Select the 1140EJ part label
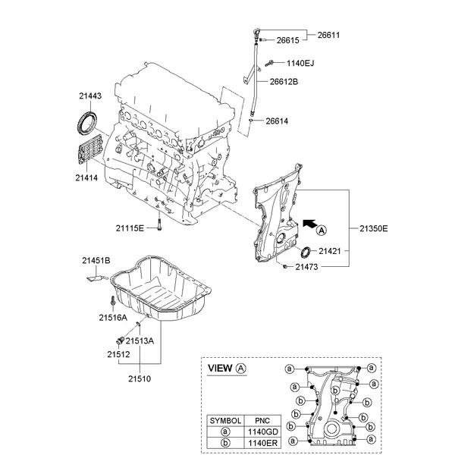point(300,63)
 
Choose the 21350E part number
point(373,227)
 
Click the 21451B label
point(96,262)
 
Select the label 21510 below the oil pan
point(140,376)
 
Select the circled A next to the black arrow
point(322,229)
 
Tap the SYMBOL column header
point(225,419)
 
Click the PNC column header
point(262,419)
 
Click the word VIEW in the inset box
point(221,369)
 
